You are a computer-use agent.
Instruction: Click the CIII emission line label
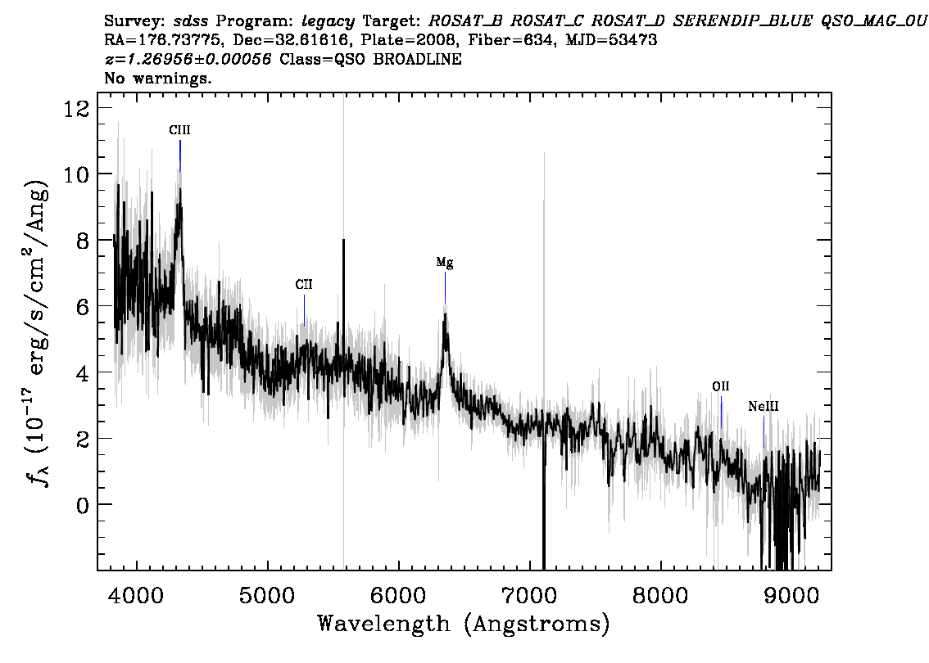coord(179,130)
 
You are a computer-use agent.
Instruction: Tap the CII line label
coord(304,285)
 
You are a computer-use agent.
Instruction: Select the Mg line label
coord(445,262)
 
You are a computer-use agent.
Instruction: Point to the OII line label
coord(720,386)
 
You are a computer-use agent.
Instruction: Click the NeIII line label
coord(764,406)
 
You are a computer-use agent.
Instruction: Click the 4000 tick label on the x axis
coord(137,595)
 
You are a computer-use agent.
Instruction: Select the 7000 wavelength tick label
coord(529,595)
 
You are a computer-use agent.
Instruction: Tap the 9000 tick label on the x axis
coord(791,595)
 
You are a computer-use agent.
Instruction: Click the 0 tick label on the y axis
coord(82,505)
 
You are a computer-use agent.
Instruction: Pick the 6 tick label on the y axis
coord(82,307)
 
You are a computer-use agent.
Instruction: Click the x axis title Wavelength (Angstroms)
coord(464,625)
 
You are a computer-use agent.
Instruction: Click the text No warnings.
coord(157,78)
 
